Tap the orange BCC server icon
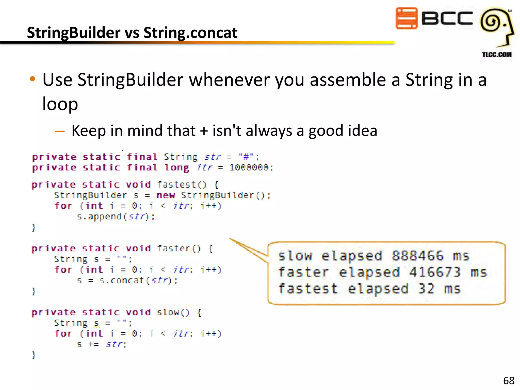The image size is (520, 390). [x=406, y=18]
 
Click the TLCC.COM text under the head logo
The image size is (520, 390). [x=497, y=55]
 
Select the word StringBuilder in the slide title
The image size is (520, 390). [x=74, y=33]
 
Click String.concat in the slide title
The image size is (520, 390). [x=190, y=33]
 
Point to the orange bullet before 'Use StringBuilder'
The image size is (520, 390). [x=32, y=79]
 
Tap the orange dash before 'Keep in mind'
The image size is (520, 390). [x=60, y=131]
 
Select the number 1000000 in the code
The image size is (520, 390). [x=249, y=168]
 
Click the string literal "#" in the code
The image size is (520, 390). [x=246, y=157]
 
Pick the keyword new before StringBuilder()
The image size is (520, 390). [x=166, y=195]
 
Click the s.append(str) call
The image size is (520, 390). [x=116, y=217]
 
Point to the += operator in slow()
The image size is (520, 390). [x=93, y=345]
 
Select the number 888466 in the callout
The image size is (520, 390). [x=417, y=256]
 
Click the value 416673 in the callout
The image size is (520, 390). [x=435, y=272]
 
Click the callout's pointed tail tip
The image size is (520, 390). [x=230, y=239]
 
